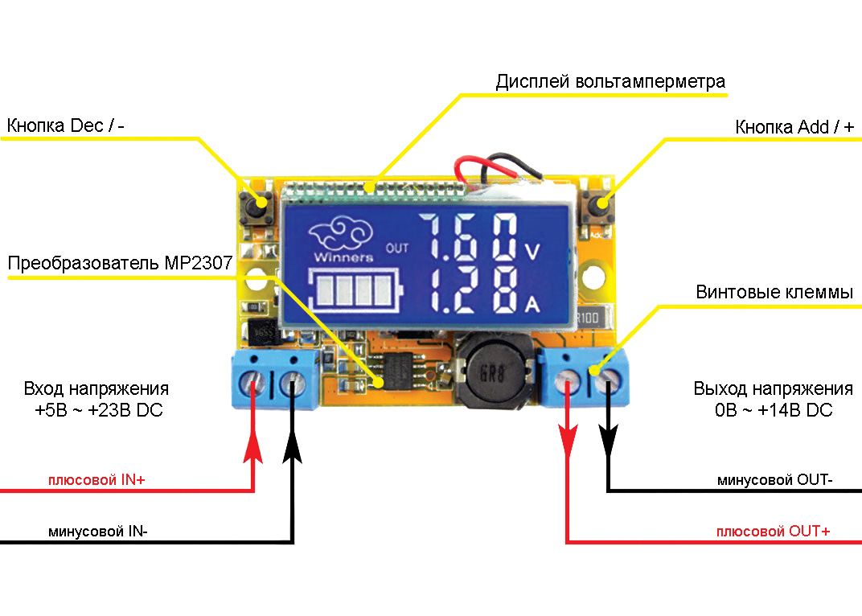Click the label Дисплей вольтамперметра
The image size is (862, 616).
point(610,82)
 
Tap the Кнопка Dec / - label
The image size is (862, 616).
point(66,126)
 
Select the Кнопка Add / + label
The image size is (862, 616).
point(794,127)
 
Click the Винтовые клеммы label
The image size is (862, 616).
point(774,293)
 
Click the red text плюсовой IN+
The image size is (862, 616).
point(96,481)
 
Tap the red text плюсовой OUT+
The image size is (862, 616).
point(773,532)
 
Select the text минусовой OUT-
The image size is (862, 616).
point(774,481)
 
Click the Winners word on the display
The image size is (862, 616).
point(343,258)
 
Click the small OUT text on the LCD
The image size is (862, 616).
point(397,247)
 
